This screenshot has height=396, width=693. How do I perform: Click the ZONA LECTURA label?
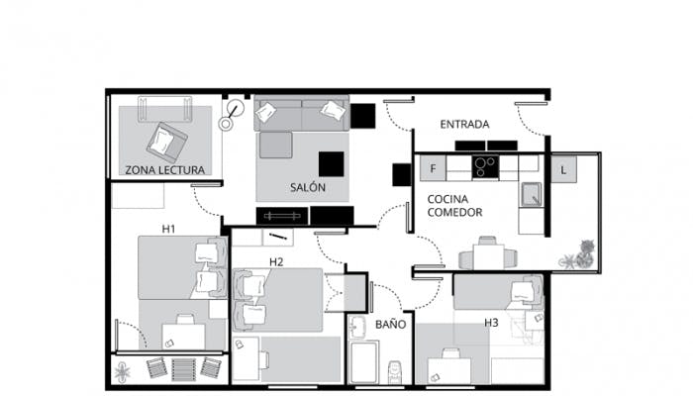click(165, 170)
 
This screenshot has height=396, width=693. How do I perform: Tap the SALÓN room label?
click(308, 187)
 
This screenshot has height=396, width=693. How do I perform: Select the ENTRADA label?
click(464, 124)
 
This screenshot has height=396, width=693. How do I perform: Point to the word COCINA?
click(447, 199)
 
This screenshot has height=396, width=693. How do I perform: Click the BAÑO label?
click(391, 324)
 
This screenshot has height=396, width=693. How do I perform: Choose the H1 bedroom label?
click(168, 229)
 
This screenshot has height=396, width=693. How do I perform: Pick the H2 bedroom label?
click(276, 262)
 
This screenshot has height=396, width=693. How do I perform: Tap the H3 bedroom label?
click(491, 323)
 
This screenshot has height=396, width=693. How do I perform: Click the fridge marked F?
click(433, 168)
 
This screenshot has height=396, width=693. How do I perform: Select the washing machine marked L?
click(563, 169)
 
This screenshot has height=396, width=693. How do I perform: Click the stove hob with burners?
click(485, 167)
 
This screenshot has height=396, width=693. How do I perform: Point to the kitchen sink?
click(531, 194)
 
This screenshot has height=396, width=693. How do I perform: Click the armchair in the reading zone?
click(167, 142)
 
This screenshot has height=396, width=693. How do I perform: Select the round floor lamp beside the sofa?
click(231, 115)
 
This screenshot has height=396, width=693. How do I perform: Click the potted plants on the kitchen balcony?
click(580, 255)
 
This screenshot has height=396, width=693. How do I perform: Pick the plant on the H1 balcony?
click(122, 372)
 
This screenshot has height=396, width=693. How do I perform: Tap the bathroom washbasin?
click(356, 327)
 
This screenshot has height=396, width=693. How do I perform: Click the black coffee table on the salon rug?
click(331, 164)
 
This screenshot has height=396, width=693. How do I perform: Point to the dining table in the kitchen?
click(488, 256)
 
